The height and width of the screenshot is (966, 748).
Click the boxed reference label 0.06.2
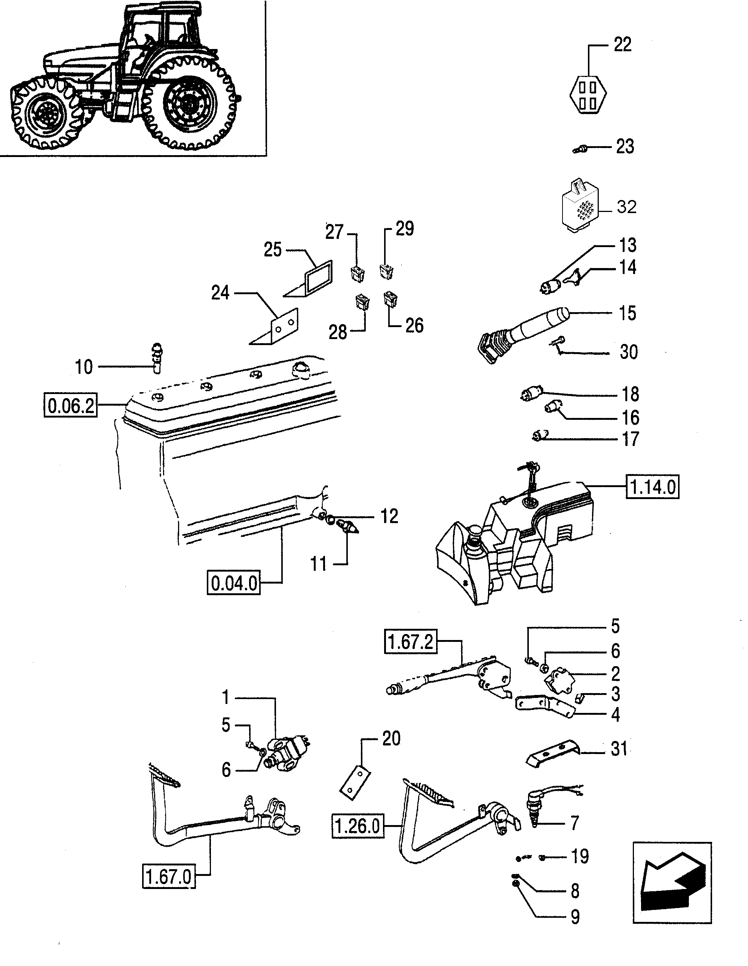[71, 405]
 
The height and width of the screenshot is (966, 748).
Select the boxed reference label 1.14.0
[652, 487]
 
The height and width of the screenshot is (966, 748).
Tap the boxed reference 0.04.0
[234, 583]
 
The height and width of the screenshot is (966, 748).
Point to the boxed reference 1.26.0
[358, 825]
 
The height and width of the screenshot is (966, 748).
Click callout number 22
[622, 44]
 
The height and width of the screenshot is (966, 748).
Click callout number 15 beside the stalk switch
[627, 313]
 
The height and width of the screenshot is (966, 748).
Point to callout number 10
[84, 367]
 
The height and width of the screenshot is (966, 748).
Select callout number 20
[391, 738]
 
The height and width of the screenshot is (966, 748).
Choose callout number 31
[619, 749]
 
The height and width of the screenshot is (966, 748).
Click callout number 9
[575, 917]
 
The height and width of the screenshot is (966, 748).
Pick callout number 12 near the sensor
[389, 516]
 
